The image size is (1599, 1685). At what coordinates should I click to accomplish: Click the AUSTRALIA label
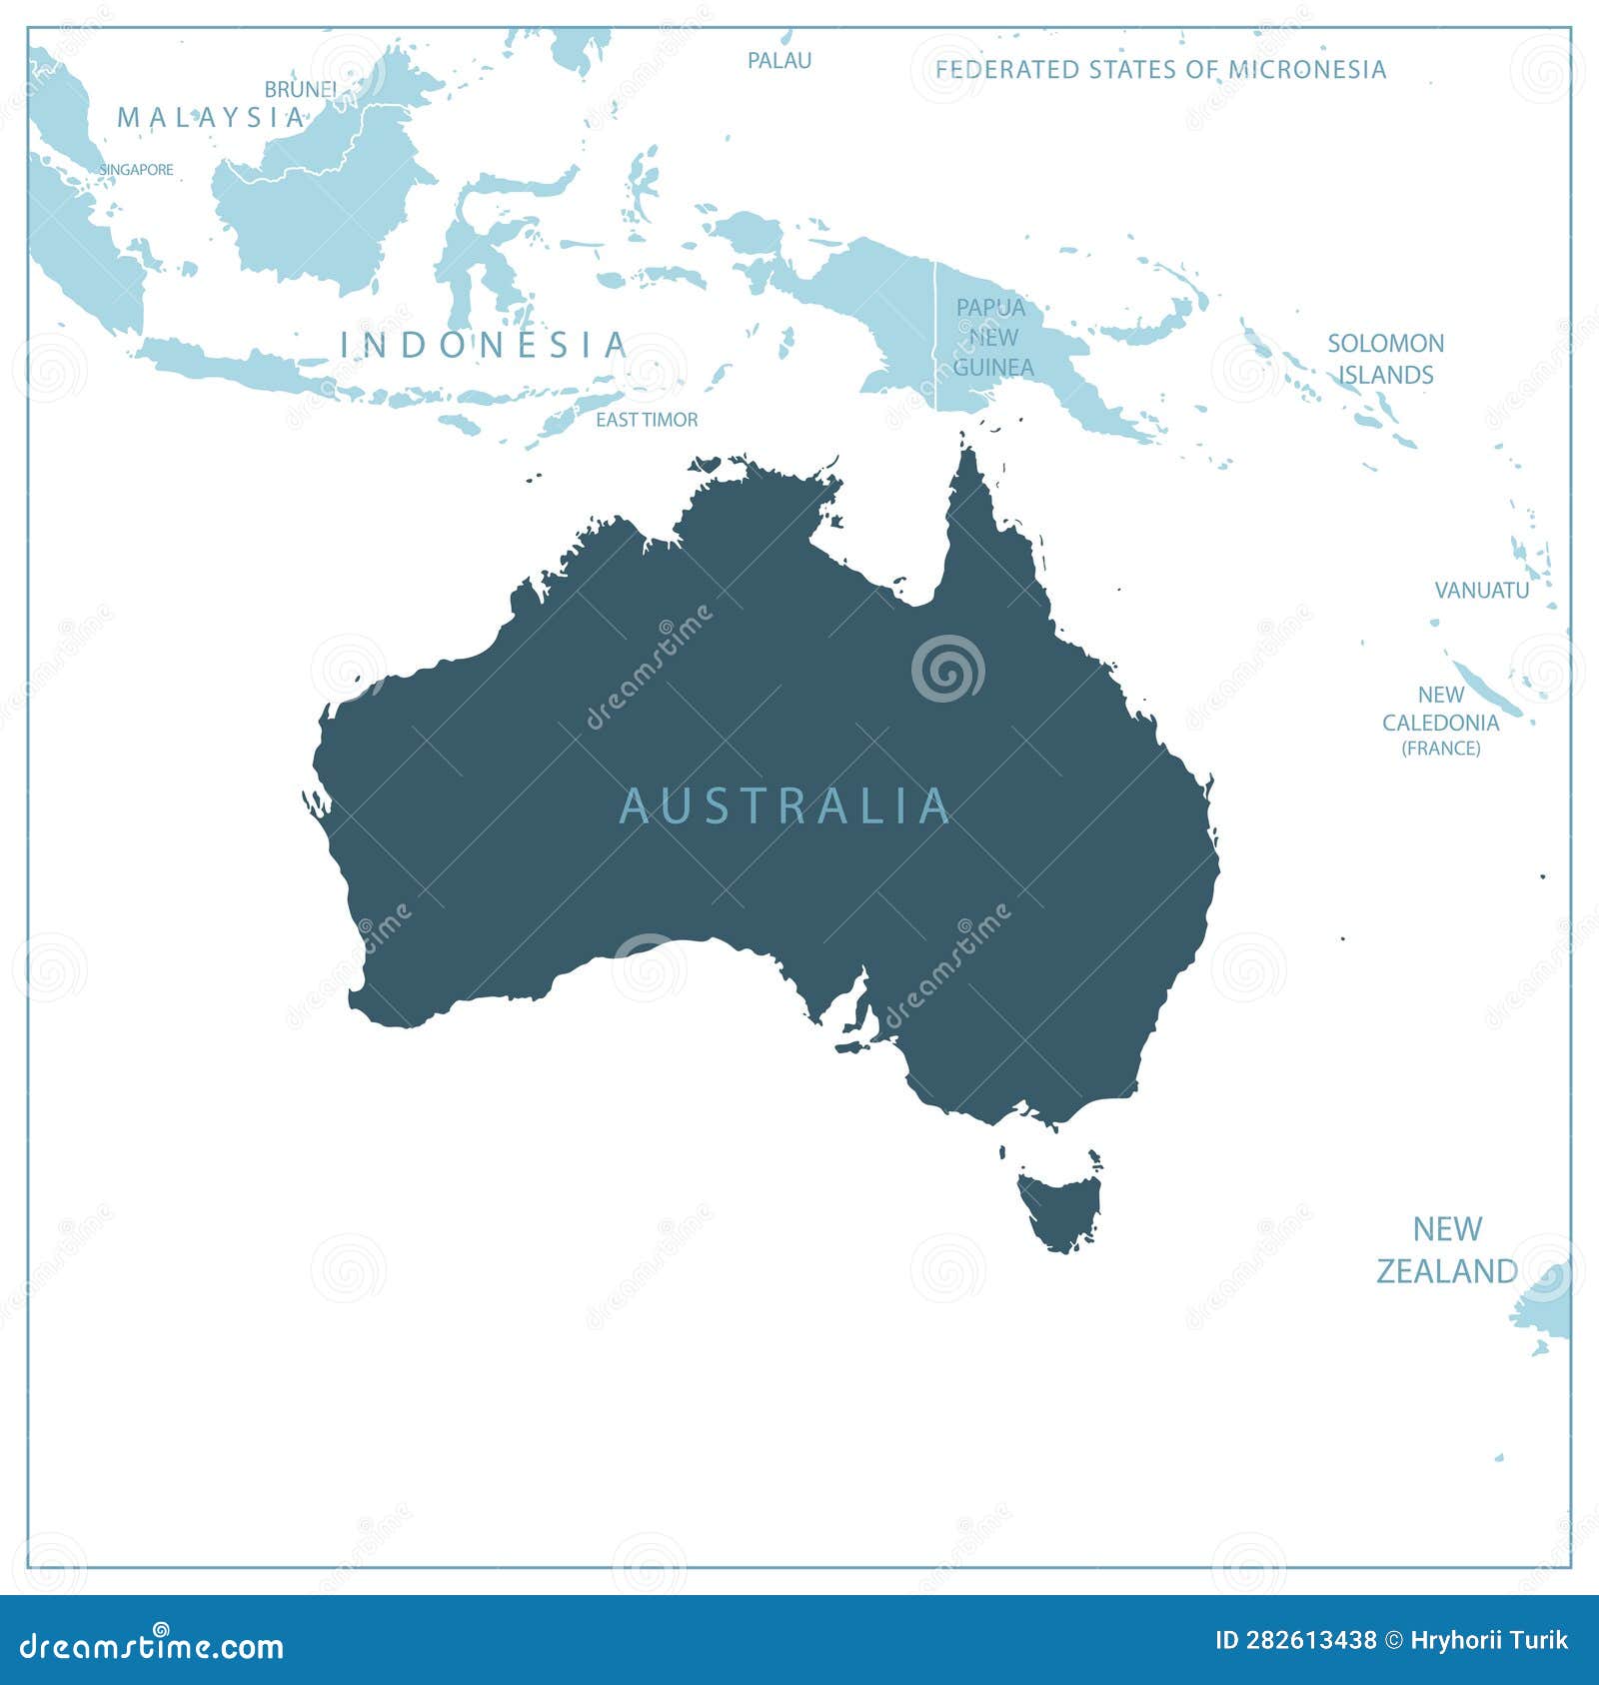(785, 806)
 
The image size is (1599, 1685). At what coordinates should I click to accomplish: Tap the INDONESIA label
(484, 345)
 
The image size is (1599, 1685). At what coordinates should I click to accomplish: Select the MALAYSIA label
(211, 118)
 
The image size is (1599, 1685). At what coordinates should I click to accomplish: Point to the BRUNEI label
(300, 89)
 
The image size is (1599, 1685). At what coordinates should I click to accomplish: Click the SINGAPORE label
(137, 170)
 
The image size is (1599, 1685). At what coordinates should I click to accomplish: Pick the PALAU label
(780, 60)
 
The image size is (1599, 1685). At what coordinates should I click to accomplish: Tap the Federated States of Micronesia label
(1160, 69)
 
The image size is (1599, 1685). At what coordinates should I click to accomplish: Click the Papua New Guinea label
(990, 337)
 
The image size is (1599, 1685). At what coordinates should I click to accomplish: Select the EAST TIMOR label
(647, 420)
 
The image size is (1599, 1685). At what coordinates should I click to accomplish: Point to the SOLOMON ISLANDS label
(1385, 359)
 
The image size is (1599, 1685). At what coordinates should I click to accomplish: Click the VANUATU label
(1481, 590)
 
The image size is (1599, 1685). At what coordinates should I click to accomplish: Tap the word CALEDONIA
(1440, 722)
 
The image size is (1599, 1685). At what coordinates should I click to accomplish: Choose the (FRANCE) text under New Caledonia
(1440, 749)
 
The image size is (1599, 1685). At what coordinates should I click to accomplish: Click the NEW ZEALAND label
(1447, 1249)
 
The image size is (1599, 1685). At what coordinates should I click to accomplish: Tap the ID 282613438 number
(1294, 1640)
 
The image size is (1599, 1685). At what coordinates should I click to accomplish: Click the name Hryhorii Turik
(1490, 1640)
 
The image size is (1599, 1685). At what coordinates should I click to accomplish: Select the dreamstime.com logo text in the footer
(152, 1645)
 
